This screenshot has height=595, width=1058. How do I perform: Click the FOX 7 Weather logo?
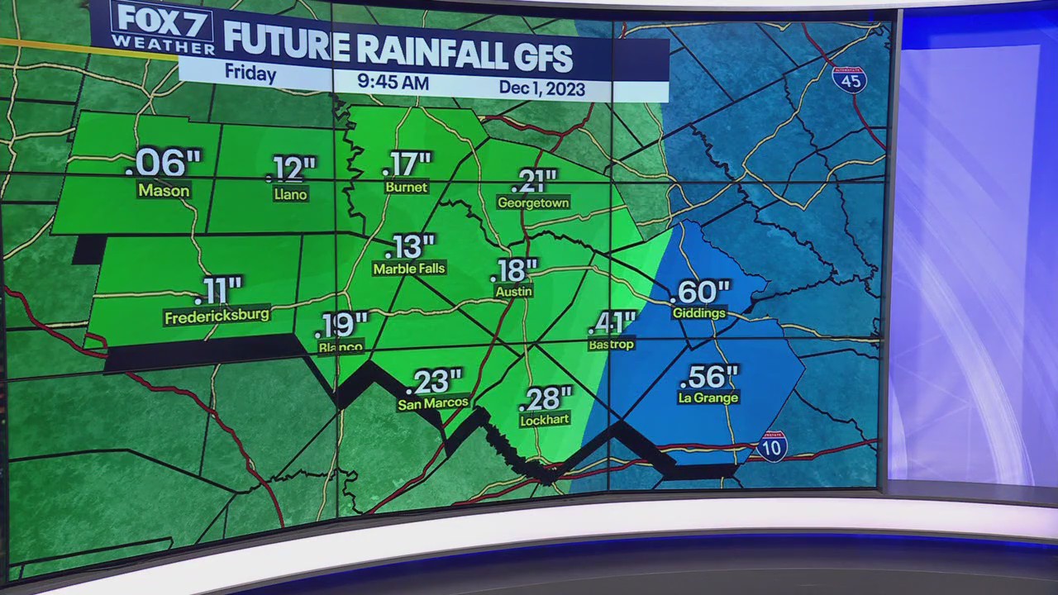(x=162, y=28)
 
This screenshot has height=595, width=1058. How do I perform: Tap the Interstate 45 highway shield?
(x=849, y=79)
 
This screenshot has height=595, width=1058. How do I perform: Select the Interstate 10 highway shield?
(x=772, y=446)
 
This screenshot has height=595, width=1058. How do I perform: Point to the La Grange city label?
(x=708, y=397)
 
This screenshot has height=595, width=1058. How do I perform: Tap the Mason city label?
(x=164, y=191)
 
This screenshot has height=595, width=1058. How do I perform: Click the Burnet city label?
(x=407, y=188)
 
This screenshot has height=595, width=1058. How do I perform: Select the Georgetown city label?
(x=533, y=202)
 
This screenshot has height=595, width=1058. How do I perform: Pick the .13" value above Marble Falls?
(x=408, y=247)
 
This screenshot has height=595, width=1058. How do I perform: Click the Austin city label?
(x=513, y=291)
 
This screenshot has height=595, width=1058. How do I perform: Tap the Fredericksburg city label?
(x=217, y=316)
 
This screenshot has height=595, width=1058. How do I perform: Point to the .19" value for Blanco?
(x=341, y=325)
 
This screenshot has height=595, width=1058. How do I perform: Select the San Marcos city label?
(x=433, y=403)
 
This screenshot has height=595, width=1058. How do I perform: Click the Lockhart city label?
(x=545, y=420)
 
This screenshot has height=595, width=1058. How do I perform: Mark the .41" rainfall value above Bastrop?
(x=612, y=323)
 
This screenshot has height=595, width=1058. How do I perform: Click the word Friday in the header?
(x=250, y=74)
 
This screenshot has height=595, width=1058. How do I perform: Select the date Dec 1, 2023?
(x=541, y=88)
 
